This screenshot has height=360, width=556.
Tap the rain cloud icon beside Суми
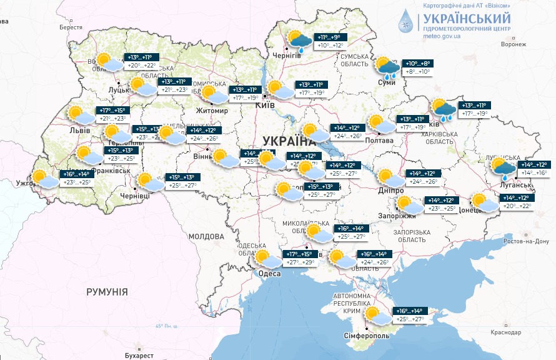[x=386, y=67]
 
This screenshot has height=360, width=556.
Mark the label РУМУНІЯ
[x=107, y=292]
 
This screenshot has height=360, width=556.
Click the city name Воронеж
[x=515, y=44]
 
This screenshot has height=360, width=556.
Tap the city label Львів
[x=80, y=131]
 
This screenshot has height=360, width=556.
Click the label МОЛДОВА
[x=206, y=237]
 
